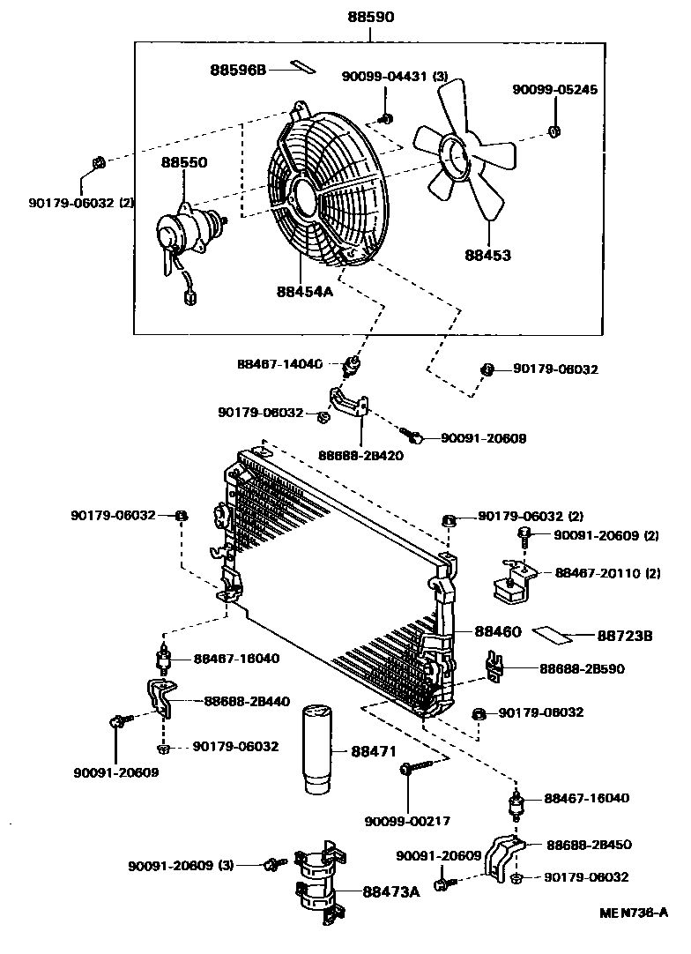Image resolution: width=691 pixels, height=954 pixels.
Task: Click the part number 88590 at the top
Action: point(369,16)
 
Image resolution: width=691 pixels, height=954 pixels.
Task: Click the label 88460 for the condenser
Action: point(498,632)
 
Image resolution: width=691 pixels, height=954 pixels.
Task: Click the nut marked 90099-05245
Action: point(554,132)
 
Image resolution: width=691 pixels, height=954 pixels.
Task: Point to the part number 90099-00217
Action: point(407,821)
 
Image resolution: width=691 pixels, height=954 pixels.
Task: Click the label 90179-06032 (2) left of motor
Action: point(81,203)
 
